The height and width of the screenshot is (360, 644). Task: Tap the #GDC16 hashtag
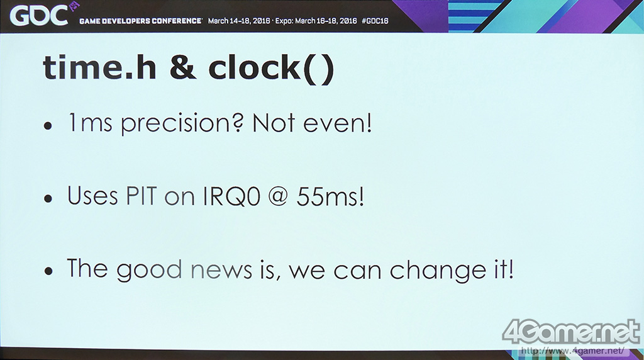(x=375, y=21)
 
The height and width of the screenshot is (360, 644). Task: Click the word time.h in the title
(x=99, y=67)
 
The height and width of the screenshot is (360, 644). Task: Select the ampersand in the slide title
(x=183, y=68)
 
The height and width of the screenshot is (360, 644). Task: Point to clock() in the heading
(x=272, y=69)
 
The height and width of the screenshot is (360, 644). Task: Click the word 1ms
(x=90, y=123)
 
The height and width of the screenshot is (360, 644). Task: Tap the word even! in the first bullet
(x=338, y=123)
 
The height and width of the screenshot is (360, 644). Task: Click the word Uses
(x=92, y=195)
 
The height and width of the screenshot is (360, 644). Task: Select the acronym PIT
(x=142, y=196)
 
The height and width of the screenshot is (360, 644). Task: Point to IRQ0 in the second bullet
(x=231, y=196)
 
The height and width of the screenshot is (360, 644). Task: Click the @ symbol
(x=279, y=197)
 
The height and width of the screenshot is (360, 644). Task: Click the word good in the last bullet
(x=148, y=271)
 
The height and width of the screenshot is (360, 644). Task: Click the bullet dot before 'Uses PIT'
(x=48, y=198)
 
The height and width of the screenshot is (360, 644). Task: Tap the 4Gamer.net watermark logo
(x=571, y=331)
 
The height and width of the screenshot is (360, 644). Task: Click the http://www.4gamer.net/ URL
(x=572, y=351)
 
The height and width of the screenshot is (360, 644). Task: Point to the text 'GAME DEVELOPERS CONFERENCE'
(x=140, y=21)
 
